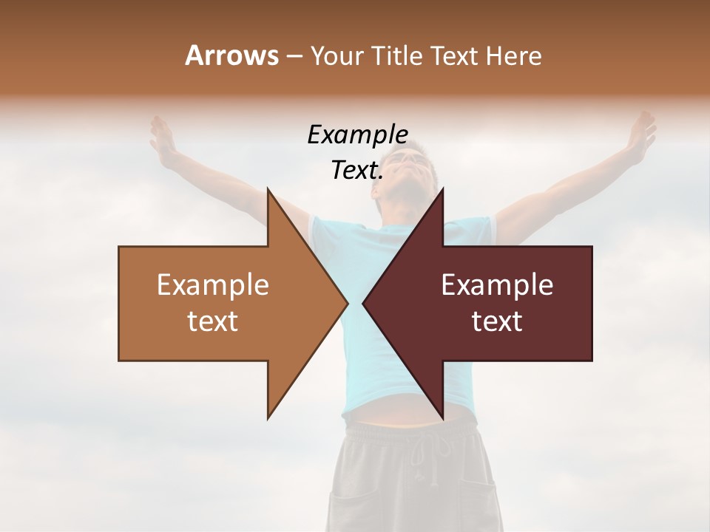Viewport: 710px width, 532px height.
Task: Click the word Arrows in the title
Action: pyautogui.click(x=231, y=55)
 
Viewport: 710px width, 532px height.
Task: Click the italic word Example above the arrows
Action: pyautogui.click(x=357, y=135)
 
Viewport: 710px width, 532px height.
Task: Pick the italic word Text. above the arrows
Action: pyautogui.click(x=357, y=171)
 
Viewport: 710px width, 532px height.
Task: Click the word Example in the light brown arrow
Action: pyautogui.click(x=213, y=284)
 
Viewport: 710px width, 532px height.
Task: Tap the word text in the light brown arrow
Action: pyautogui.click(x=213, y=321)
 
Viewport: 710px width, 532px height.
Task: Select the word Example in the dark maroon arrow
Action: pyautogui.click(x=497, y=284)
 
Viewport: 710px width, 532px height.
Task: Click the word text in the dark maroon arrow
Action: pyautogui.click(x=497, y=321)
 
